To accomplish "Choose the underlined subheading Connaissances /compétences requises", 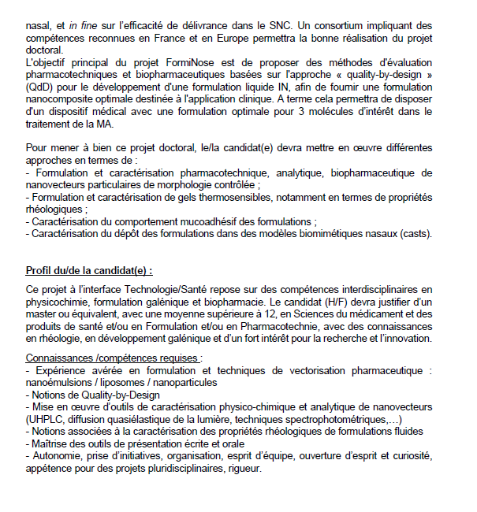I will click(113, 357).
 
